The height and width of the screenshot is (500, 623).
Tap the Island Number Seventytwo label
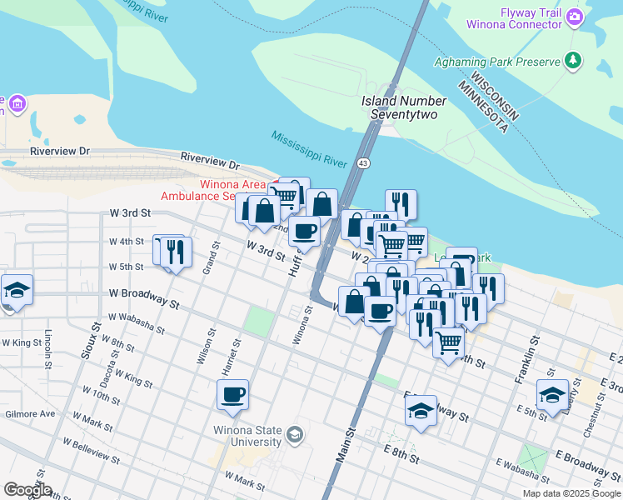click(404, 107)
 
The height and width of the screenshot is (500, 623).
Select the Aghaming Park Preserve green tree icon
click(572, 59)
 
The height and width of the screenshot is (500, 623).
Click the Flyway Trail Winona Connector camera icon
click(575, 16)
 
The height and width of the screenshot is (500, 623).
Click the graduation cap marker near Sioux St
click(17, 290)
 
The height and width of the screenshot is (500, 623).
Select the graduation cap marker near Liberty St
click(552, 395)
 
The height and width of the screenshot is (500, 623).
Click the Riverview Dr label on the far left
click(59, 152)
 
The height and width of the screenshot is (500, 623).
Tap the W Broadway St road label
click(144, 298)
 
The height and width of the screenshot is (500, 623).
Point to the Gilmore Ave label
click(29, 413)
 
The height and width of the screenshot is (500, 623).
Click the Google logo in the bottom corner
click(27, 490)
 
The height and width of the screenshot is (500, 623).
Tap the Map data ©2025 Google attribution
click(571, 493)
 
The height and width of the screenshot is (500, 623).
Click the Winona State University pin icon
click(294, 434)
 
